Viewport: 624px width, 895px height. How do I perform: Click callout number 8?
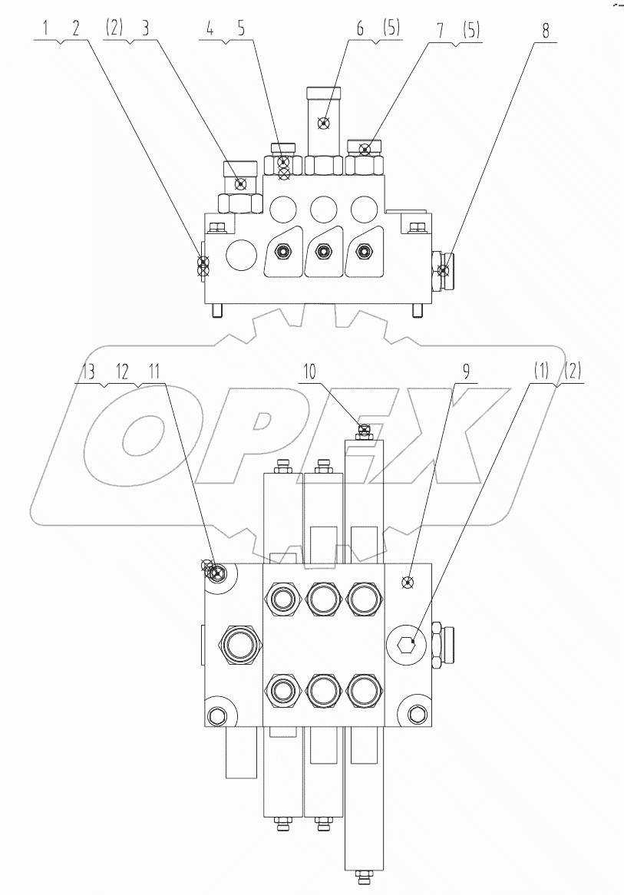pyautogui.click(x=546, y=31)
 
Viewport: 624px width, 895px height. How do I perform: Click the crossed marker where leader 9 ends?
pyautogui.click(x=408, y=583)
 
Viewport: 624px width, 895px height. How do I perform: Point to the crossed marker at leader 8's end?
pyautogui.click(x=442, y=269)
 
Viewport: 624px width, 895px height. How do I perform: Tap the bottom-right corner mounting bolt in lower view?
pyautogui.click(x=419, y=716)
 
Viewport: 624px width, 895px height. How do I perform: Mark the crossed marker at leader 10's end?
pyautogui.click(x=365, y=430)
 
